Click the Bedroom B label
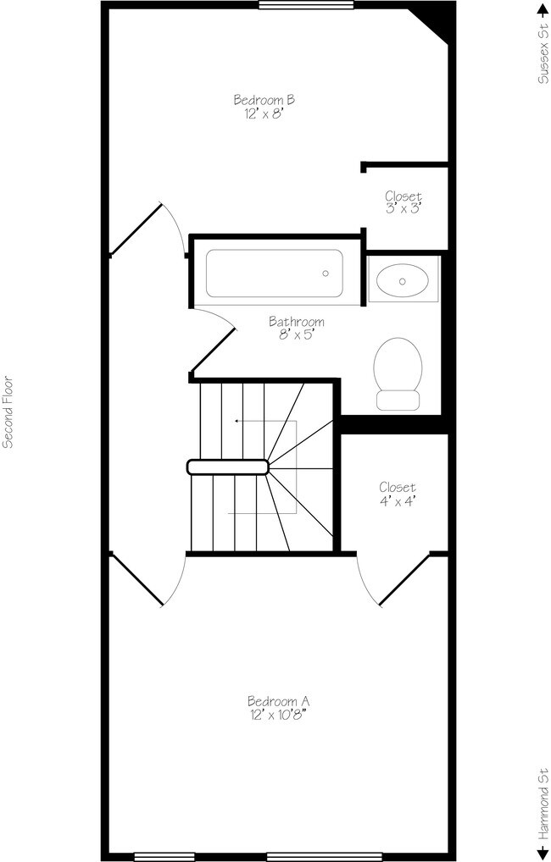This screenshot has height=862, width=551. [x=264, y=100]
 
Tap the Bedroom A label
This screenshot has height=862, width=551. [x=278, y=701]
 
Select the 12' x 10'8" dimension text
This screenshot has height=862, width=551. [x=278, y=715]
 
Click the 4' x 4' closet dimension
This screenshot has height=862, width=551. [x=397, y=500]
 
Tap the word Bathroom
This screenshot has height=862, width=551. [x=296, y=322]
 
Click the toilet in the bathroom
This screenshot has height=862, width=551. [x=398, y=373]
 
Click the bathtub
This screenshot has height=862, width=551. [x=273, y=274]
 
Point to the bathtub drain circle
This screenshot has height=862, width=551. [x=326, y=273]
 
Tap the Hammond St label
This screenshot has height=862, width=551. [x=542, y=802]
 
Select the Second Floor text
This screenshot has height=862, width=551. [x=8, y=412]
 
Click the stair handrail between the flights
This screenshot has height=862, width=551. [x=228, y=466]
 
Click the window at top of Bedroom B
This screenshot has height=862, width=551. [x=306, y=5]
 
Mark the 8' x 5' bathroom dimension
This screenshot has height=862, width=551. [x=296, y=335]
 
